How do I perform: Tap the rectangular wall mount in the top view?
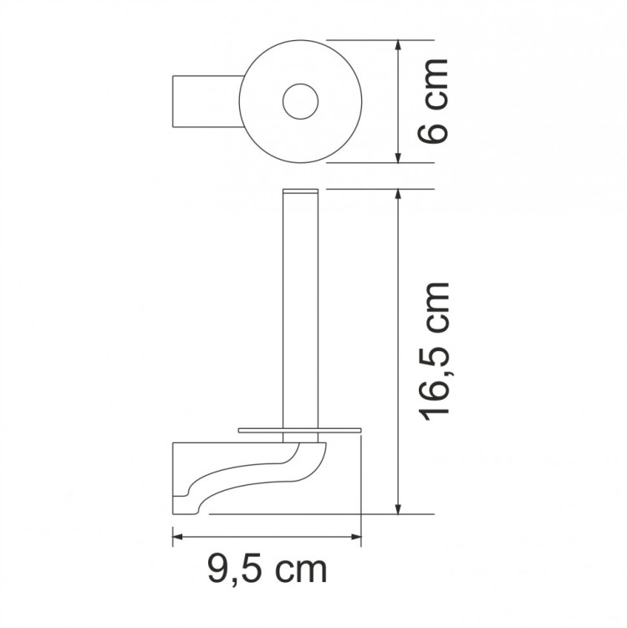[x=206, y=102]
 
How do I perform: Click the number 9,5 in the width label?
[x=237, y=571]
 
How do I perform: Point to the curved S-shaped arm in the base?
[x=251, y=477]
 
